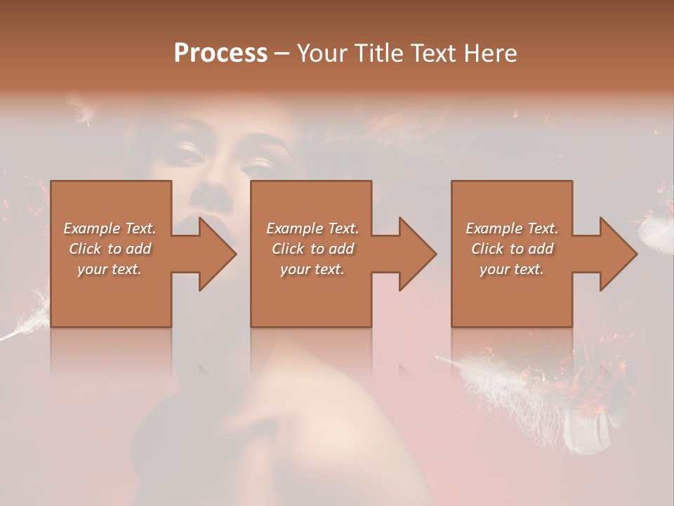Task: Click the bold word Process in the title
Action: pos(220,53)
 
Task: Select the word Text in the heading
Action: pos(434,53)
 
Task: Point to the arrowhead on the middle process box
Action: pos(416,254)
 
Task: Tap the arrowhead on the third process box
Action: pos(617,254)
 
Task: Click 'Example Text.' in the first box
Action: pos(110,228)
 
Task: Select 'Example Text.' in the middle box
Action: pos(312,228)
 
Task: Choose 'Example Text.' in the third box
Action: pos(512,228)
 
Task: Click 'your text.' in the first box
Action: pos(110,269)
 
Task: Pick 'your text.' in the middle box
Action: pos(312,269)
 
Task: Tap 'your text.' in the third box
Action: pos(512,269)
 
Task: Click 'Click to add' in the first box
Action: pos(110,249)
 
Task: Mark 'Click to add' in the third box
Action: pos(512,249)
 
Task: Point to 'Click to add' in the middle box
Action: pos(312,249)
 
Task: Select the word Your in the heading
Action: pos(322,53)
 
